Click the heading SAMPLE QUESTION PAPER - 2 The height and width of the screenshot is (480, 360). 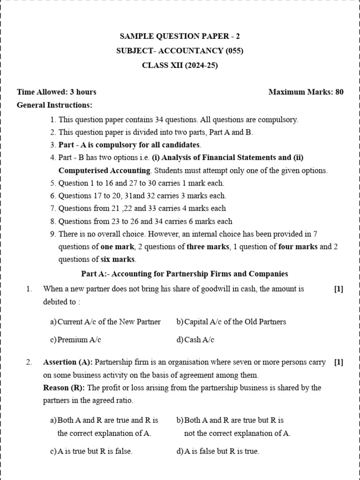point(180,36)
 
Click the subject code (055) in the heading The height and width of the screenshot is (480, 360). point(234,51)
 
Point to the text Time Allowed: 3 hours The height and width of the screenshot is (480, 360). point(57,92)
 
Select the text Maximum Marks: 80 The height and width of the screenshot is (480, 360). point(306,92)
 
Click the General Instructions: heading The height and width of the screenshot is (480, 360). point(54,105)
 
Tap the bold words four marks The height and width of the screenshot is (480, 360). point(298,247)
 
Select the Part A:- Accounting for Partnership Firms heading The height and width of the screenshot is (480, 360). point(185,274)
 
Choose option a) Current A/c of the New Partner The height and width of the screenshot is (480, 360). point(105,322)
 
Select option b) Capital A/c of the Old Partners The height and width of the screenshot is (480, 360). point(231,322)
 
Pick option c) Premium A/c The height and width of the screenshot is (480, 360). point(75,340)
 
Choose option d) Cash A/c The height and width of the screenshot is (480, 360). point(195,340)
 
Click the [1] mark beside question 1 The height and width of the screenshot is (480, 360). point(338,289)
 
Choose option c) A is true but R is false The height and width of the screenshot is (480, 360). point(91,451)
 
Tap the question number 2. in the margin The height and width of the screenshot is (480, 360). point(29,362)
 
